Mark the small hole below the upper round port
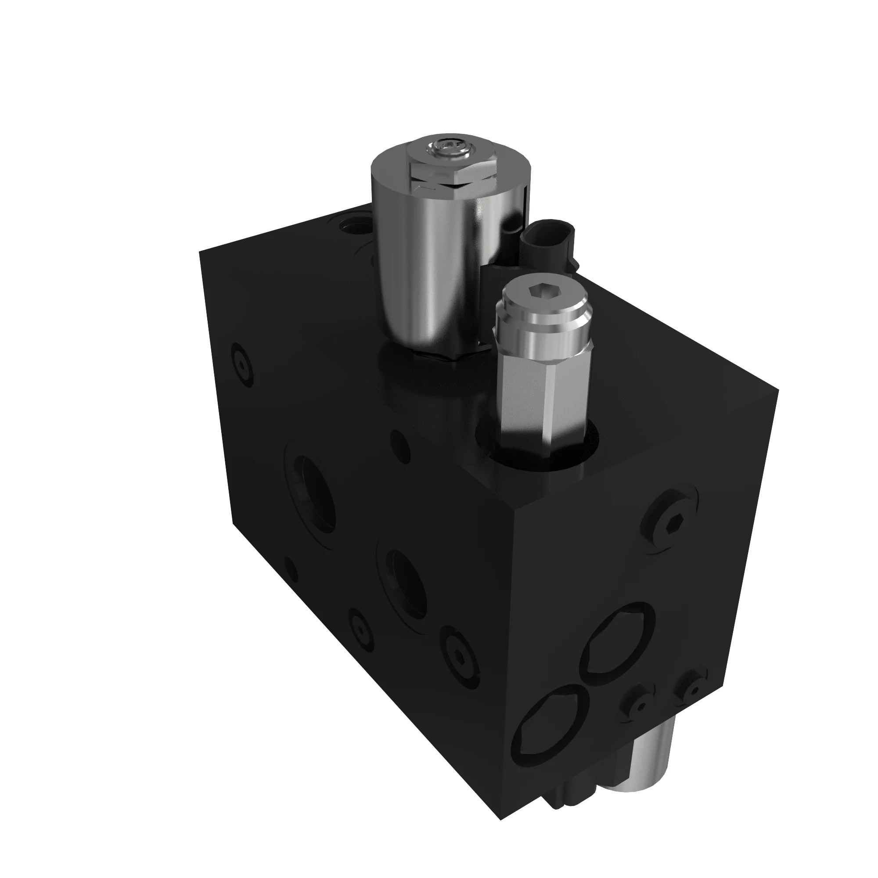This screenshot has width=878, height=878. pos(291,568)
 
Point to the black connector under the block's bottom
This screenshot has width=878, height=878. pos(572,782)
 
